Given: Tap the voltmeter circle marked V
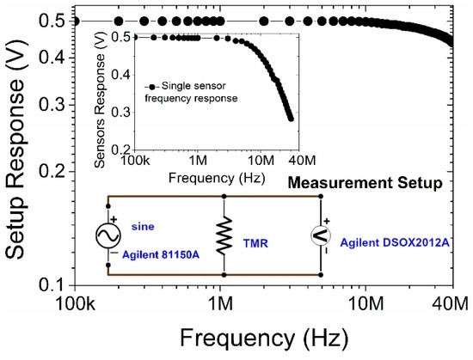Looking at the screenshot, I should [322, 235].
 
